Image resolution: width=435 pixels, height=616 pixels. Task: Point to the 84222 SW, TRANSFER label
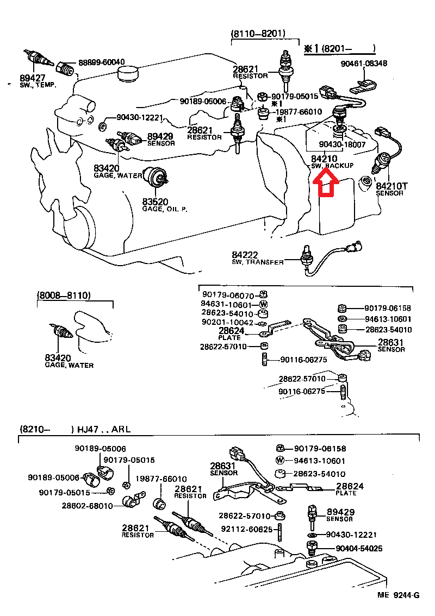click(x=257, y=258)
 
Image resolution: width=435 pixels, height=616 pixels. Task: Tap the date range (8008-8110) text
click(x=64, y=296)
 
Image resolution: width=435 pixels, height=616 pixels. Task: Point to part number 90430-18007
click(x=343, y=146)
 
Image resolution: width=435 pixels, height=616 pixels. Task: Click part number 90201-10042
click(x=227, y=323)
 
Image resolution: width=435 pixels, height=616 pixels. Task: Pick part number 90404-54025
click(x=358, y=549)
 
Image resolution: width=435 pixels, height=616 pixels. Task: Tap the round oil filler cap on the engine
click(x=128, y=75)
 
